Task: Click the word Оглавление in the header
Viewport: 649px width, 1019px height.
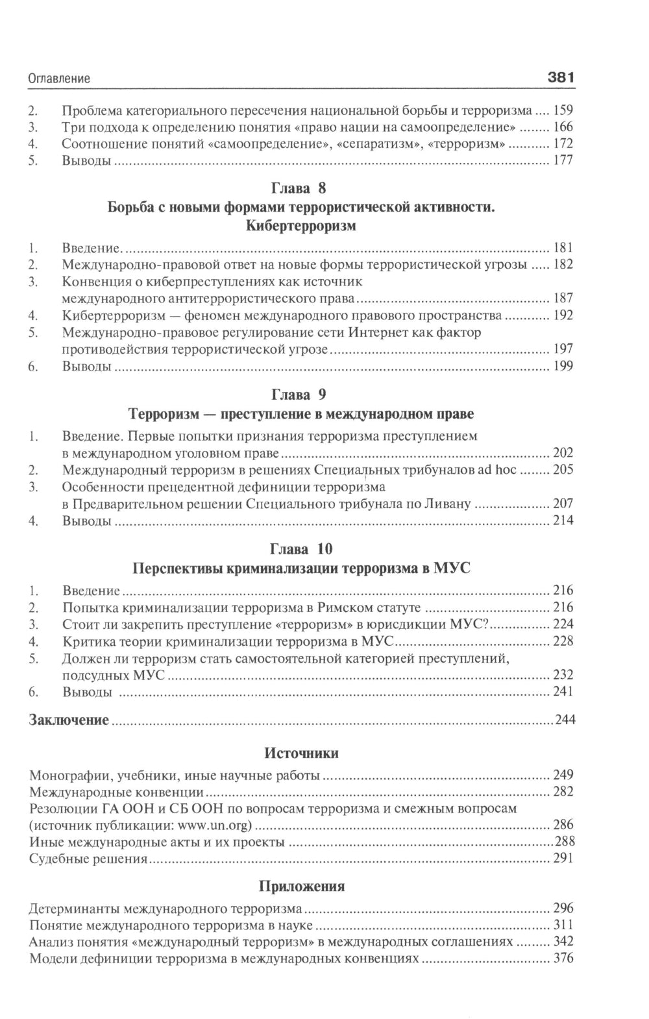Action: (59, 79)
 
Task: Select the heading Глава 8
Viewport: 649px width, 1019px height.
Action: (302, 189)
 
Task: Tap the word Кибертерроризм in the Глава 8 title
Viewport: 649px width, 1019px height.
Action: (302, 227)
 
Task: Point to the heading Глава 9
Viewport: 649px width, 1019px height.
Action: (302, 395)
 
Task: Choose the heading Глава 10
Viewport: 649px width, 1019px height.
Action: (302, 549)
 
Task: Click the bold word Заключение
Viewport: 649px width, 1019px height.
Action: (69, 720)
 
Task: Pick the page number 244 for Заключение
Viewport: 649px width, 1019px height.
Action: (563, 720)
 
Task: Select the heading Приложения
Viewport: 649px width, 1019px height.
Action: (302, 887)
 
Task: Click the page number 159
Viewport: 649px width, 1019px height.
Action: (563, 110)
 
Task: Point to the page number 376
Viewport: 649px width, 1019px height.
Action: (563, 958)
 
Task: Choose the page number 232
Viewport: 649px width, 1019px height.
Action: (563, 675)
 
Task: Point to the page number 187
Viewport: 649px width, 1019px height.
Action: (563, 299)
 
